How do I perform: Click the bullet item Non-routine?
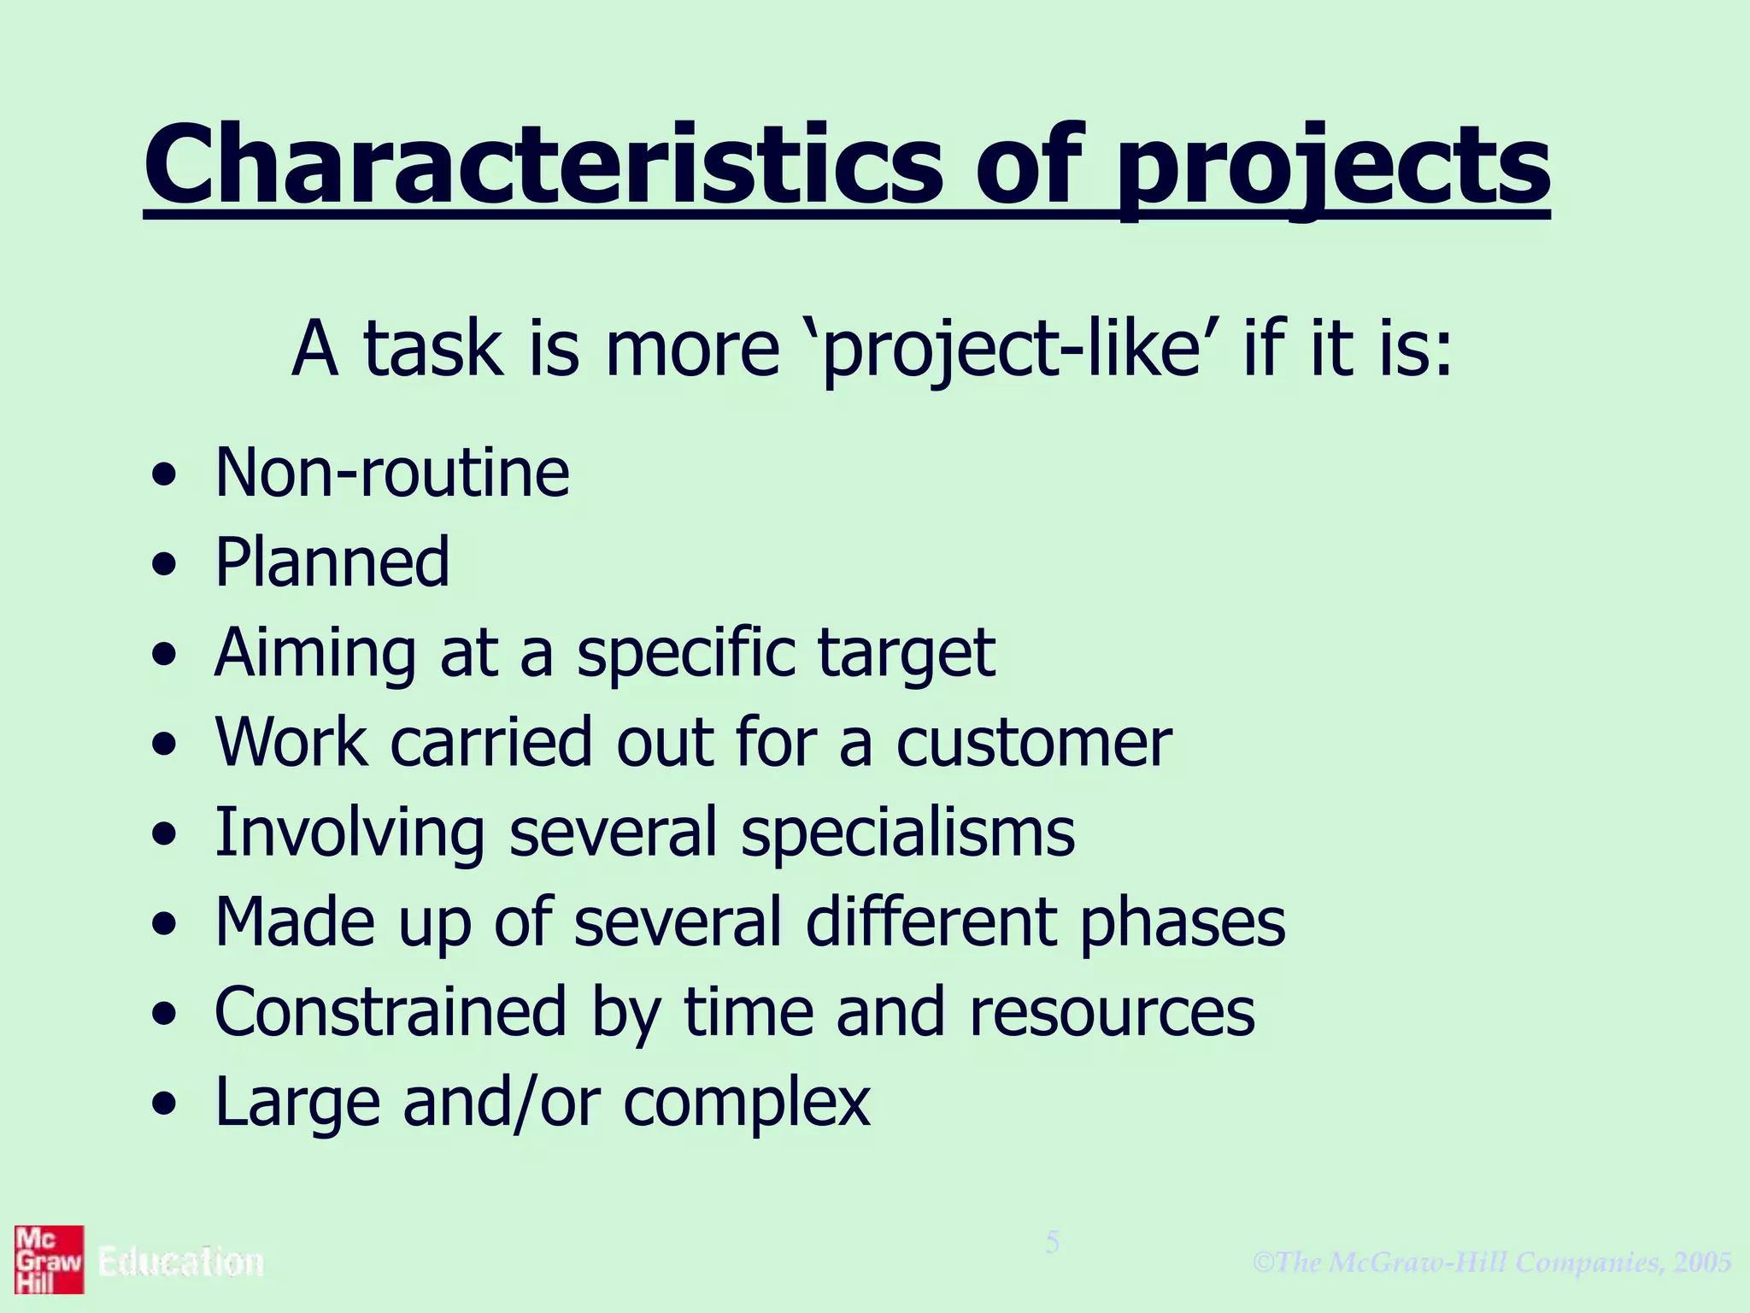(392, 473)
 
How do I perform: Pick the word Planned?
(332, 562)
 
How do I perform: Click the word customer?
(1033, 742)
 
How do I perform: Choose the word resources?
(1112, 1012)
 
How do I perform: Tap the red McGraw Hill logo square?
(49, 1259)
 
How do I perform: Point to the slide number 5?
(1053, 1242)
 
